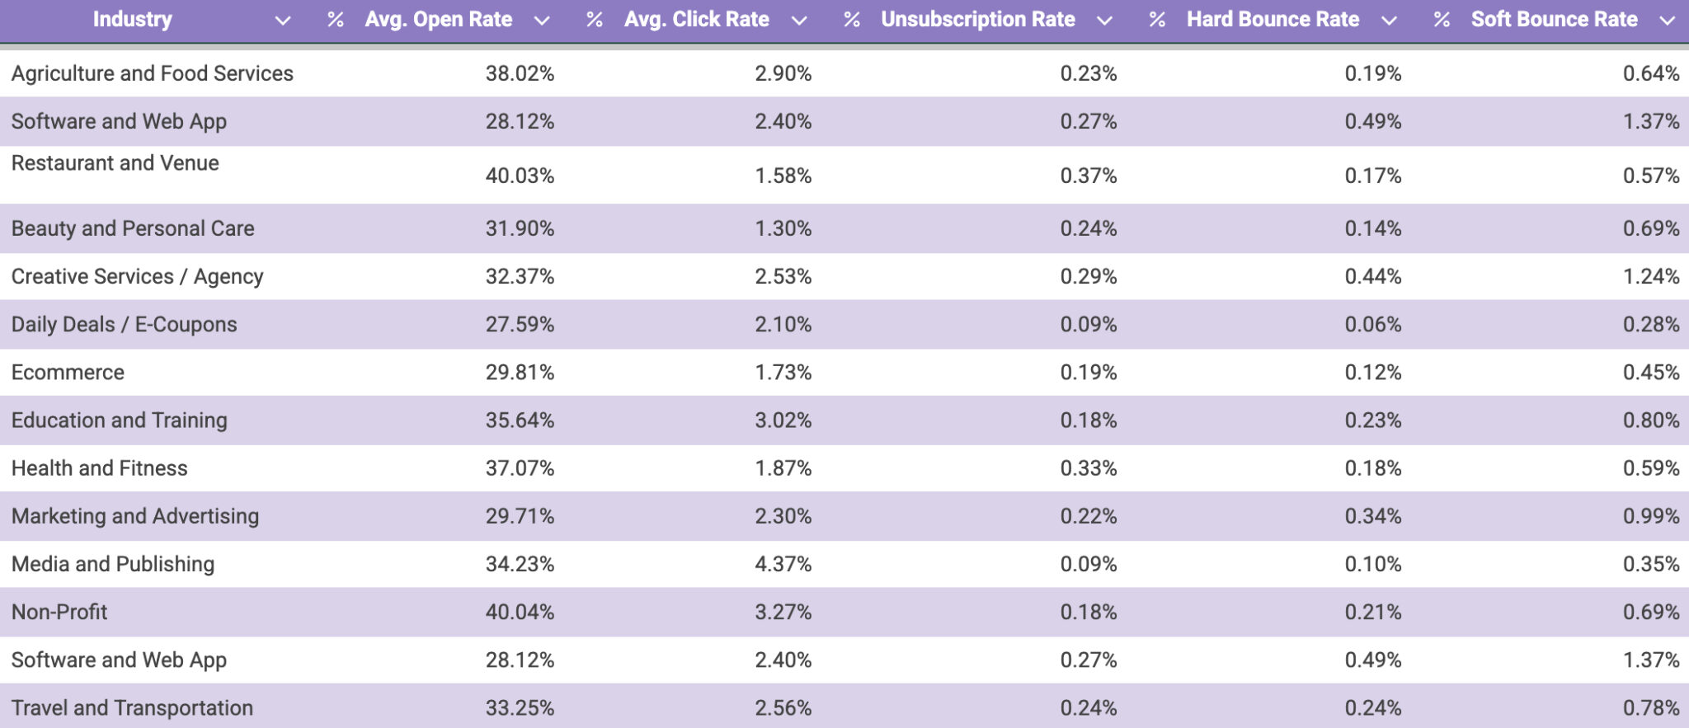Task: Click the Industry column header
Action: point(132,20)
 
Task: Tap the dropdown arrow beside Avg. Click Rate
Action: point(798,21)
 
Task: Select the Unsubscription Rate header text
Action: point(977,20)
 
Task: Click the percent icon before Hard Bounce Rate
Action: point(1157,20)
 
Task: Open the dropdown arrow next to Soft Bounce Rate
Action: point(1667,21)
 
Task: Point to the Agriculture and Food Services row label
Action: point(152,73)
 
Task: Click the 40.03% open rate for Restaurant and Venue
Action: point(520,176)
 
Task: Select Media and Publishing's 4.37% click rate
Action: point(783,564)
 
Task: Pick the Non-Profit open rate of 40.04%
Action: point(520,612)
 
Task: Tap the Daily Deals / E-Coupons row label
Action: point(124,324)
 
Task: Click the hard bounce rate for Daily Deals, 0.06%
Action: point(1372,324)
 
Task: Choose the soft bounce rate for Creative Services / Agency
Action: point(1650,276)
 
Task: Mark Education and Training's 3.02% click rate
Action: point(783,420)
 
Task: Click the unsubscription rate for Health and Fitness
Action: point(1088,468)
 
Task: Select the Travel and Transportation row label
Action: point(132,707)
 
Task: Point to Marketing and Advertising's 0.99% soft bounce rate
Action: point(1650,516)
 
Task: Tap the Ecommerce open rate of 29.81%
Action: point(520,373)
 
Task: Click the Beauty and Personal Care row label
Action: point(133,228)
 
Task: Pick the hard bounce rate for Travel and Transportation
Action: point(1372,707)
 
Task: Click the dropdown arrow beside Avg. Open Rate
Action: point(541,21)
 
